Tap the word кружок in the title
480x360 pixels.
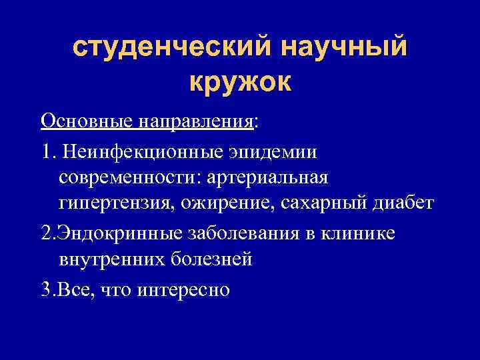240,83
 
